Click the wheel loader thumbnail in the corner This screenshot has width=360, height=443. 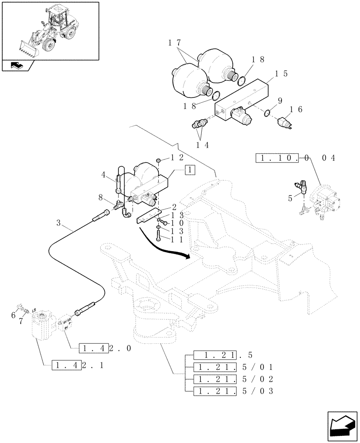(x=50, y=30)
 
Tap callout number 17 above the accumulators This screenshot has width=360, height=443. (x=175, y=43)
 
